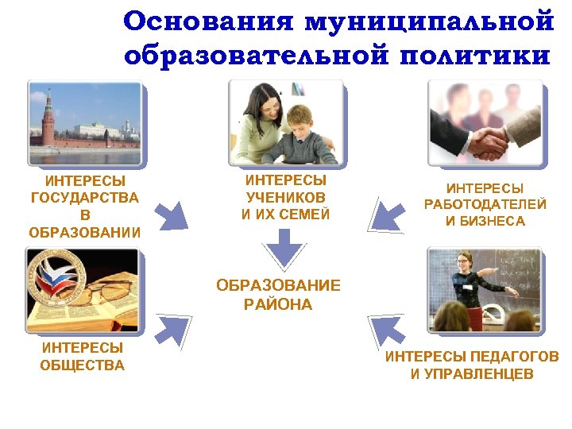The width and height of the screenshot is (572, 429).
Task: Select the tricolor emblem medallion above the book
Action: pos(52,278)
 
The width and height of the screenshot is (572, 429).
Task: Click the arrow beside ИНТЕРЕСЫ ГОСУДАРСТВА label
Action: pos(170,214)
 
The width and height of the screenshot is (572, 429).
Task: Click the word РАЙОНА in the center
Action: pos(279,304)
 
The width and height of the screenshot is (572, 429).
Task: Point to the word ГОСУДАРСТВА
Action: pos(84,198)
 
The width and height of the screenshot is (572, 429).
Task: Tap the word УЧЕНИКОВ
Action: pos(285,197)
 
